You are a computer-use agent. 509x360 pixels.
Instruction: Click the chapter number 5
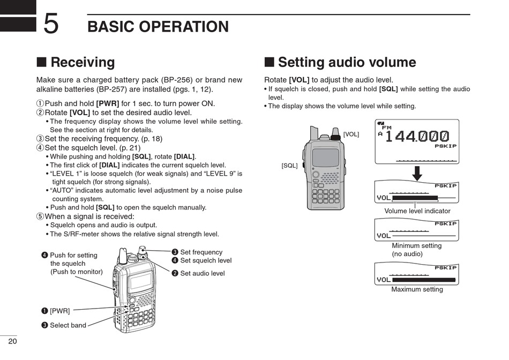click(x=51, y=24)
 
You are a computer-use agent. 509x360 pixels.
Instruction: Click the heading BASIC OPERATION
click(x=158, y=27)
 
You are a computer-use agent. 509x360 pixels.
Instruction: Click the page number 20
click(x=12, y=341)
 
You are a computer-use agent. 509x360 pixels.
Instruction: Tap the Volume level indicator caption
click(x=417, y=211)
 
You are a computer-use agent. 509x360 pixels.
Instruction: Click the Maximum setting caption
click(x=417, y=289)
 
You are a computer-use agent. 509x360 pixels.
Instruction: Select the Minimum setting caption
click(x=416, y=246)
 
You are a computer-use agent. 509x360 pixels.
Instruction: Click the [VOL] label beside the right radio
click(x=351, y=134)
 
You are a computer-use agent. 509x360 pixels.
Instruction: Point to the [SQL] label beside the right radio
click(x=289, y=166)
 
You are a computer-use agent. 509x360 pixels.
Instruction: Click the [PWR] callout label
click(x=59, y=310)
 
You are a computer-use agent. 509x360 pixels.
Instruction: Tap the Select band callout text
click(x=68, y=325)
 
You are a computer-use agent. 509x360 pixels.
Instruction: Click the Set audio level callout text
click(x=203, y=273)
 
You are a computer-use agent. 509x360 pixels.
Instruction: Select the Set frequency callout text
click(x=201, y=252)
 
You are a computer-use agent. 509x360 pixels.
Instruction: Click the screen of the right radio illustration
click(x=325, y=157)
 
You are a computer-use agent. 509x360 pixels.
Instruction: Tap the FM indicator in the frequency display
click(x=386, y=127)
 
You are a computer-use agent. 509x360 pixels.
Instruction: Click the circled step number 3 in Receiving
click(x=40, y=139)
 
